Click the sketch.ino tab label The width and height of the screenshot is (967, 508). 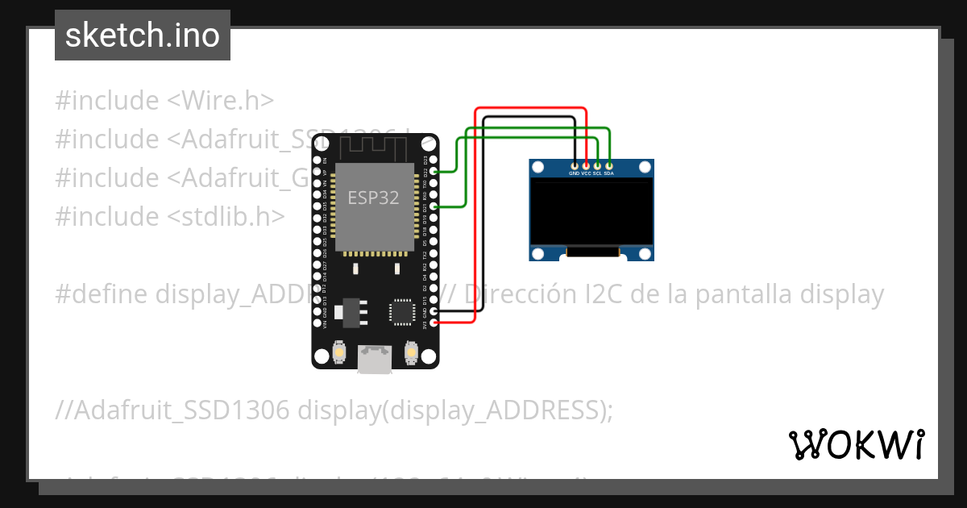click(x=142, y=35)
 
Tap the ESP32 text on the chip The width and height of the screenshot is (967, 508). click(x=373, y=198)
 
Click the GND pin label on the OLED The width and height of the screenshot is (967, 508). click(x=575, y=173)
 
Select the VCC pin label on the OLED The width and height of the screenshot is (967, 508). click(x=587, y=173)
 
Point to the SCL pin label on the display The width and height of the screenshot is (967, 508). click(x=598, y=173)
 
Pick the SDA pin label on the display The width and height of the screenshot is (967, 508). click(x=609, y=173)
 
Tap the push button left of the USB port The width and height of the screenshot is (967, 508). click(x=339, y=352)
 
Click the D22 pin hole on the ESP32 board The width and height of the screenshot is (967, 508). click(x=434, y=172)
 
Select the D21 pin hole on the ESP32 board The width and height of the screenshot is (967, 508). click(x=434, y=207)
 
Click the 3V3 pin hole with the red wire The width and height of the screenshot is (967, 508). click(x=434, y=323)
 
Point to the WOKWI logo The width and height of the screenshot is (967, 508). click(x=857, y=444)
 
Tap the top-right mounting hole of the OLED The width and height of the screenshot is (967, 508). click(x=645, y=168)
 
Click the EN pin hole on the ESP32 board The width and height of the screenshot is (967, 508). click(x=317, y=160)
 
